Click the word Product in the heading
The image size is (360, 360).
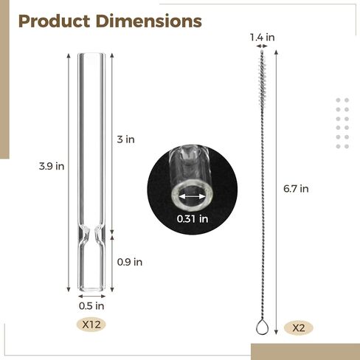tap(54, 21)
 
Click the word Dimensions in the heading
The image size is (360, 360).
tap(149, 21)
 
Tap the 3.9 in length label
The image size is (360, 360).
tap(52, 166)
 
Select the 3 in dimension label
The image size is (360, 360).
tap(125, 139)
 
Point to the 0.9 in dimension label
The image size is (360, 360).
tap(130, 262)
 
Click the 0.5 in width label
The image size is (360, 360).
tap(91, 306)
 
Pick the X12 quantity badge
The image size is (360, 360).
tap(91, 325)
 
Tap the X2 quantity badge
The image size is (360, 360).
tap(299, 328)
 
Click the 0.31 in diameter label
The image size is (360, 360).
tap(193, 219)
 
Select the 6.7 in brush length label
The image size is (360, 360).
tap(296, 189)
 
